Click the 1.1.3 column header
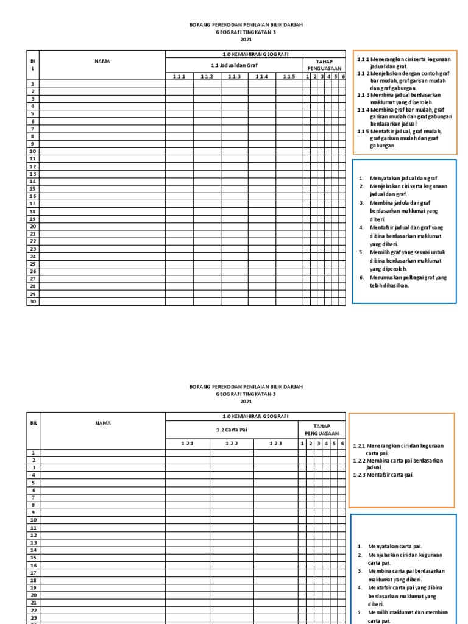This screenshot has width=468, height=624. point(235,76)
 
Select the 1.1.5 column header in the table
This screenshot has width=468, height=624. point(289,76)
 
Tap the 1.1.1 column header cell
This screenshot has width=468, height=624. point(179,76)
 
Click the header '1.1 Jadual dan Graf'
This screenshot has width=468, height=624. point(234,65)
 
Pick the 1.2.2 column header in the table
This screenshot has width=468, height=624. point(232,444)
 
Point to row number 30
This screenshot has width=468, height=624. point(33,301)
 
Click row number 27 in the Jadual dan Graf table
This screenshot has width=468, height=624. point(33,278)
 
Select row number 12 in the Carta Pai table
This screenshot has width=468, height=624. point(34,535)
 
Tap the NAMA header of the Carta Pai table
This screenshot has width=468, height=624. point(102,422)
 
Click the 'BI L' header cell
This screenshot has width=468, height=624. point(33,65)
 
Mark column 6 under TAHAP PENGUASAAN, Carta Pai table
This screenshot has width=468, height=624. point(342,444)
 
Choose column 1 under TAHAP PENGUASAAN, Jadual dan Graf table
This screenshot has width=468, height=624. point(308,76)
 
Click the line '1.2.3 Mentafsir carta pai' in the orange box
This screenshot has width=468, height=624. point(383,475)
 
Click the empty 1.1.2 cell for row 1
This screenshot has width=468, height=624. point(207,83)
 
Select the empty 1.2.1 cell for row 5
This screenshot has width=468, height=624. point(187,482)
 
